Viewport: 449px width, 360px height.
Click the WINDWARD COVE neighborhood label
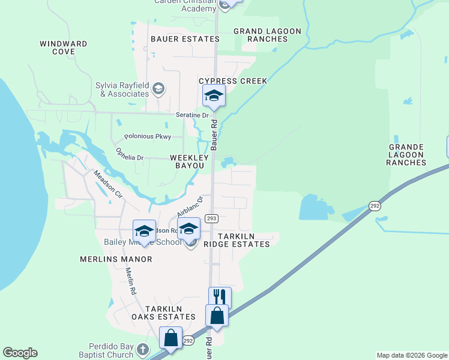point(63,48)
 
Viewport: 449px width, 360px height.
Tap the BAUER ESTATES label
point(176,39)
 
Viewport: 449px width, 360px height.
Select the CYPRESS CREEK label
point(233,81)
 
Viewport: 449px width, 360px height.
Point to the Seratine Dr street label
point(192,115)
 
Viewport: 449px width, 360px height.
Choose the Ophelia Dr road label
point(130,154)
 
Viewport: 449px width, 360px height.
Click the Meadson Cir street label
point(108,185)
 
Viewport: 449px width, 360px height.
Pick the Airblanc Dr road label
point(190,206)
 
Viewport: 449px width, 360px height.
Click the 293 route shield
point(211,218)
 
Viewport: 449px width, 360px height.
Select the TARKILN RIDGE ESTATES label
point(236,241)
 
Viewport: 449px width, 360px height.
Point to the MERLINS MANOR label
point(116,259)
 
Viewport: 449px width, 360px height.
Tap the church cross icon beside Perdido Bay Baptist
point(142,349)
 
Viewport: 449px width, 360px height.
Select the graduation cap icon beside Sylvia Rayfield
point(158,89)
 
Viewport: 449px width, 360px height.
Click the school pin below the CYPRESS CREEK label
point(213,96)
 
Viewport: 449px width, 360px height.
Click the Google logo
point(20,353)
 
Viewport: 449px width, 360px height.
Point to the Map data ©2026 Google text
point(412,355)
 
